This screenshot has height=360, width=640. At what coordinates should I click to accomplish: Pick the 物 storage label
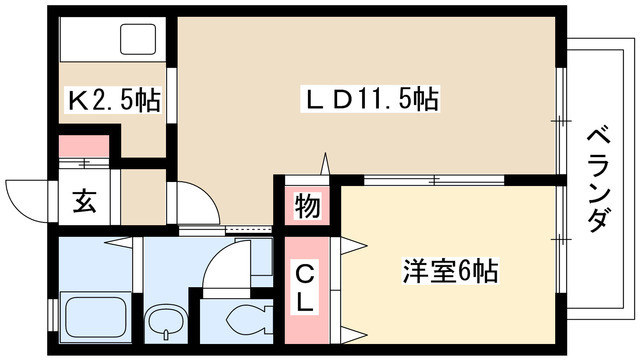(x=307, y=208)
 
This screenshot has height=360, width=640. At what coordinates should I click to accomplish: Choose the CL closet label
(x=306, y=285)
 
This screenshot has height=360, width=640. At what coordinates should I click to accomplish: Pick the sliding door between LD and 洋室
(x=435, y=181)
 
